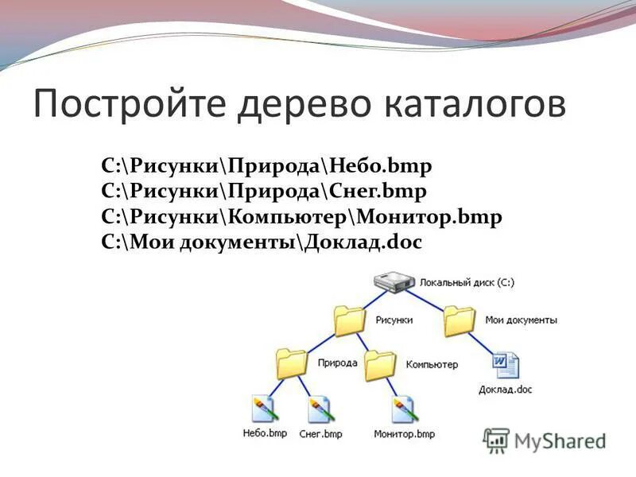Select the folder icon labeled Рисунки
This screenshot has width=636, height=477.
350,320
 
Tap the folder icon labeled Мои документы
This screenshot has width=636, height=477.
460,320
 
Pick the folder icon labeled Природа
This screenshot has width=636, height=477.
292,363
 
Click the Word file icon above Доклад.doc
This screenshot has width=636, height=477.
506,366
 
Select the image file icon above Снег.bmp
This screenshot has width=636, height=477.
321,409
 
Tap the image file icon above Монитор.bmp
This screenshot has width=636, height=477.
404,409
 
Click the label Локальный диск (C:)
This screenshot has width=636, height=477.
468,283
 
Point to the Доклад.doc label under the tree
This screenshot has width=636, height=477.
506,390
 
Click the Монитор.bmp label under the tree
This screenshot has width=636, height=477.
405,434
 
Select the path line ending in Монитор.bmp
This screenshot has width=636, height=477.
302,216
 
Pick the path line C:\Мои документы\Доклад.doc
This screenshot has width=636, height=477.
262,242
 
